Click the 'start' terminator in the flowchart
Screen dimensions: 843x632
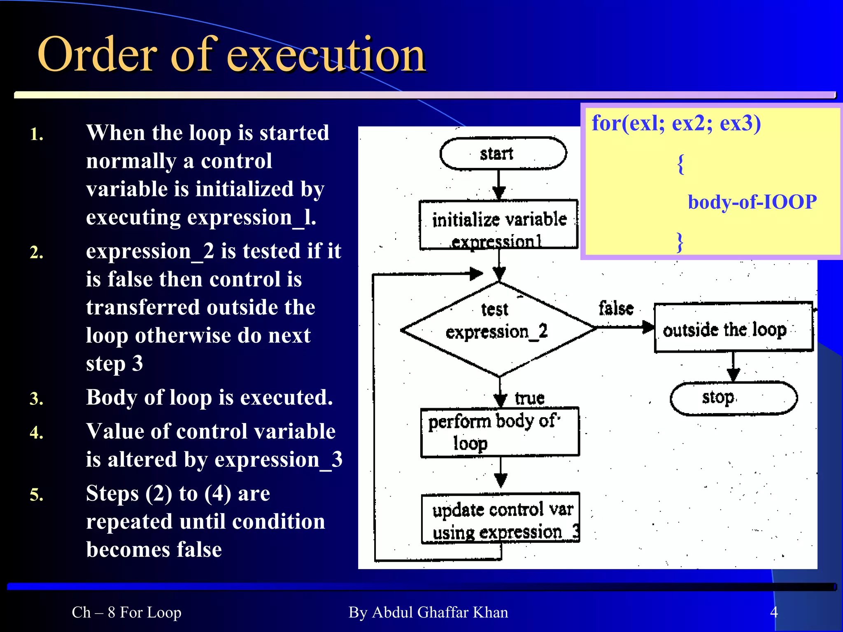pyautogui.click(x=503, y=153)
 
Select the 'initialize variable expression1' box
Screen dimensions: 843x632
pyautogui.click(x=498, y=225)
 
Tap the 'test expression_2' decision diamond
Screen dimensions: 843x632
pyautogui.click(x=498, y=329)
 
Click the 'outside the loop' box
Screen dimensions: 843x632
pyautogui.click(x=733, y=328)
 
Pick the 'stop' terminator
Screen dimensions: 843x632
pyautogui.click(x=733, y=398)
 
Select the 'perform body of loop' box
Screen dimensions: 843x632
pyautogui.click(x=499, y=432)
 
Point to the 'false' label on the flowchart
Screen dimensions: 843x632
pyautogui.click(x=616, y=308)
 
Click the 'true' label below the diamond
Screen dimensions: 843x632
pyautogui.click(x=529, y=398)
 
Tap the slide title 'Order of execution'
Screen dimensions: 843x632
pyautogui.click(x=231, y=54)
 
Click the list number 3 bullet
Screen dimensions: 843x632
pyautogui.click(x=37, y=399)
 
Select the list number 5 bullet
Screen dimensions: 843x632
pyautogui.click(x=37, y=495)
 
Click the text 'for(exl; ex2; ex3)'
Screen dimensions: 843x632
pyautogui.click(x=676, y=123)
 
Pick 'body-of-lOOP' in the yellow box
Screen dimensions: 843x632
pyautogui.click(x=752, y=202)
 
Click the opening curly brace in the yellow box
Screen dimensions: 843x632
pyautogui.click(x=681, y=164)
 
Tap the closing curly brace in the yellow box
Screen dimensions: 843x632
pyautogui.click(x=680, y=242)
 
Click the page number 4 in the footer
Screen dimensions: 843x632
pyautogui.click(x=774, y=612)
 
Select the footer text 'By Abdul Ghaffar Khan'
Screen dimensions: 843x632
pyautogui.click(x=428, y=612)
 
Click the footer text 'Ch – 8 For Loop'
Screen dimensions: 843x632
pyautogui.click(x=126, y=612)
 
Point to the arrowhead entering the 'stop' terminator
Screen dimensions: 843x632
pyautogui.click(x=733, y=375)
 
